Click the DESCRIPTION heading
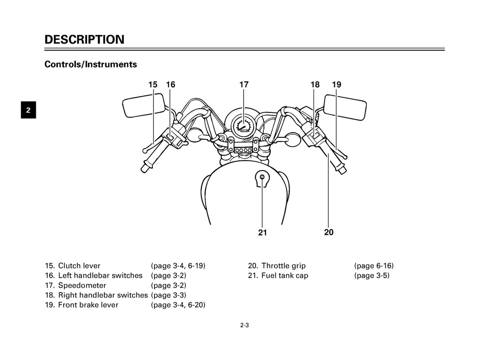pos(84,40)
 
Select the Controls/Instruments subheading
pos(90,64)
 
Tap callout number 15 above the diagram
pos(153,84)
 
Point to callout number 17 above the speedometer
pos(244,84)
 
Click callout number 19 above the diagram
pos(337,84)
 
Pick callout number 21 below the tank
pos(262,232)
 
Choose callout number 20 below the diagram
pos(329,232)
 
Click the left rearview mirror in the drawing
pos(143,106)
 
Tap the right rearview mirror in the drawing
pos(345,108)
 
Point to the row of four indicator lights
pos(243,150)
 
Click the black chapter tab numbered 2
pos(29,110)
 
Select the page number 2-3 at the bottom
pos(244,325)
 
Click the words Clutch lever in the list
pos(79,266)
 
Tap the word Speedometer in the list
pos(82,285)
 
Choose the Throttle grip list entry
pos(277,266)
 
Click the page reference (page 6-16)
pos(374,266)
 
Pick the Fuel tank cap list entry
pos(278,276)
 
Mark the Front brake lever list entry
pos(81,305)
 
